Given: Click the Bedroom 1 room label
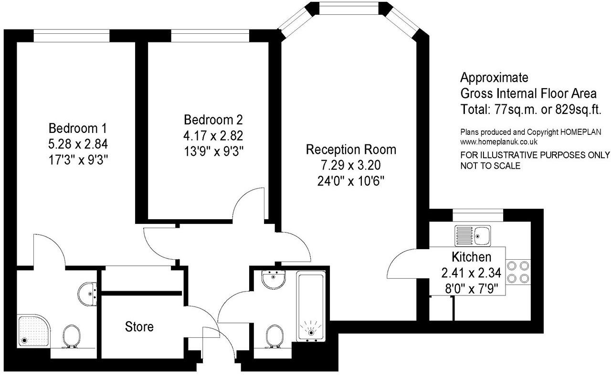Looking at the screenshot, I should [x=78, y=128].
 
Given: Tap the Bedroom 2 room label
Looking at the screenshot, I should [x=210, y=119].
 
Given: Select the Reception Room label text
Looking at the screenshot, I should [x=351, y=150].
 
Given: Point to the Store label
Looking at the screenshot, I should [x=139, y=327].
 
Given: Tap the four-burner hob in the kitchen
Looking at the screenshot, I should [x=518, y=272].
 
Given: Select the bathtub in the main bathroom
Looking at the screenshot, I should [x=311, y=306].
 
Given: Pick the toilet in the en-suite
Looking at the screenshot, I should [x=71, y=336].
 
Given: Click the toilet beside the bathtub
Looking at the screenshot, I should [x=274, y=336].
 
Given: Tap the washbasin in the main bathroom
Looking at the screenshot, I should [x=274, y=280].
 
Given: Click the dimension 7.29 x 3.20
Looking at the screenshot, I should [x=351, y=165].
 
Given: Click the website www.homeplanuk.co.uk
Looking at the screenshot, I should [x=499, y=142].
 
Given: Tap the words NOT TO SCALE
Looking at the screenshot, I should [x=490, y=166].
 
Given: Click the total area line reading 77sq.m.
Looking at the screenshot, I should [x=530, y=109].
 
